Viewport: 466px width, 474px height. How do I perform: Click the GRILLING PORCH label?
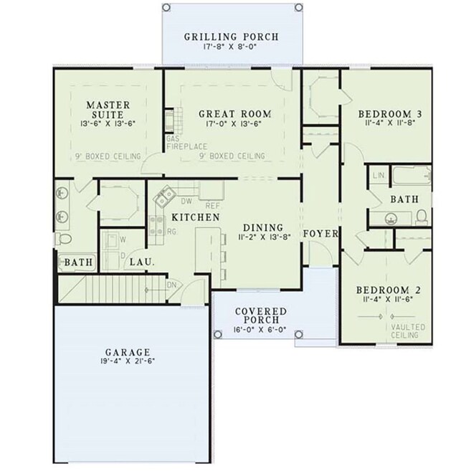pos(231,37)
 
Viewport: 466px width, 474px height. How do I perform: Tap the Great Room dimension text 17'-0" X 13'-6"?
pos(234,123)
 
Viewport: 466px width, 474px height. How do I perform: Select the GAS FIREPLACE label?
pos(187,143)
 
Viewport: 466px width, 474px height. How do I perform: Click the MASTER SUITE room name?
pos(108,110)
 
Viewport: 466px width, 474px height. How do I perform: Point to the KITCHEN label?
pos(196,217)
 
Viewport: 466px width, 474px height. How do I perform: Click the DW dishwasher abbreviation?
pos(186,201)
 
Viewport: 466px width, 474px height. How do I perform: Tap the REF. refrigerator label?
pos(213,206)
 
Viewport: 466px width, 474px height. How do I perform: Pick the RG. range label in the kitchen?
pos(171,232)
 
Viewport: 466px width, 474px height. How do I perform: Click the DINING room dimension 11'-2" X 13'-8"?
pos(264,237)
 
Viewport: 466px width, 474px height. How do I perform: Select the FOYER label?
pos(320,233)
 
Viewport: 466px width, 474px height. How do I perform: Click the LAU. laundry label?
pos(142,262)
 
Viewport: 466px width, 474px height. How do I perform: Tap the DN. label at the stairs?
pos(172,285)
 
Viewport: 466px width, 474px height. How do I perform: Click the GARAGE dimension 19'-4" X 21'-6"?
pos(128,361)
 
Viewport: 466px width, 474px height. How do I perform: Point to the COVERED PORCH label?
pos(261,316)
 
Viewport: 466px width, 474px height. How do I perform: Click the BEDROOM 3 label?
pos(390,114)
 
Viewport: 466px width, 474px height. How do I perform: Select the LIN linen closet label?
pos(379,176)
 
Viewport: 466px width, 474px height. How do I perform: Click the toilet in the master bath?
pos(64,239)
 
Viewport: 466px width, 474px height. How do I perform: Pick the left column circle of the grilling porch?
pos(166,8)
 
